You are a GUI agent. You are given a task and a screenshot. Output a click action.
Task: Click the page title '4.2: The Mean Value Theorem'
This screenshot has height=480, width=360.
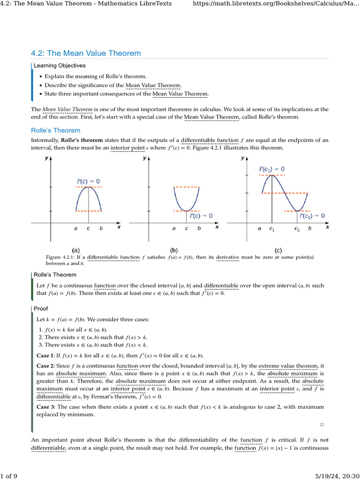[x=85, y=53]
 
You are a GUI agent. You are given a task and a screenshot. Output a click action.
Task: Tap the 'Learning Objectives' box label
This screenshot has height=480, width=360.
[x=60, y=65]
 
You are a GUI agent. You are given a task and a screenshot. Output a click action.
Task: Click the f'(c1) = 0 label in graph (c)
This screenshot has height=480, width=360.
[x=271, y=169]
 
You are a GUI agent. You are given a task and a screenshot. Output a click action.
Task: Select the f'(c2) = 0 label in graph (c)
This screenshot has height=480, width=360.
[x=306, y=216]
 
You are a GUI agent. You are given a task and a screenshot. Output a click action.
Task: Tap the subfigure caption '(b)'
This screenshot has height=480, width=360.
[x=174, y=250]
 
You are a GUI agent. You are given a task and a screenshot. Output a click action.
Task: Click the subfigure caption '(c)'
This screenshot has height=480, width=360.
[x=278, y=250]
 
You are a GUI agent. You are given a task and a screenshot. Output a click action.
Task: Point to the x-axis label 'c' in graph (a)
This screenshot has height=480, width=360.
[x=88, y=228]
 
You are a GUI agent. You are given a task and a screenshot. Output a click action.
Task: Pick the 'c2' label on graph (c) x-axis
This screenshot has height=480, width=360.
[x=297, y=229]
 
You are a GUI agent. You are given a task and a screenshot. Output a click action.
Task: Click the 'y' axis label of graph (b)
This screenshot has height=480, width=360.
[x=144, y=158]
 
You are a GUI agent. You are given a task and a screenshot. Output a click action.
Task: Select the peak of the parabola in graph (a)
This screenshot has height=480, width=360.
[x=89, y=187]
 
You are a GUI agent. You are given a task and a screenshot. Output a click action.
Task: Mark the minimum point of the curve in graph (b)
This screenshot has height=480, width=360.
[x=187, y=211]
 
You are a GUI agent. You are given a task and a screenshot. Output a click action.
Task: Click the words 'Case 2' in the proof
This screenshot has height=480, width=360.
[x=45, y=365]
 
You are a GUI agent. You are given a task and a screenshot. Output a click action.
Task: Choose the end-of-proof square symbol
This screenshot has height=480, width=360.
[x=322, y=424]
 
